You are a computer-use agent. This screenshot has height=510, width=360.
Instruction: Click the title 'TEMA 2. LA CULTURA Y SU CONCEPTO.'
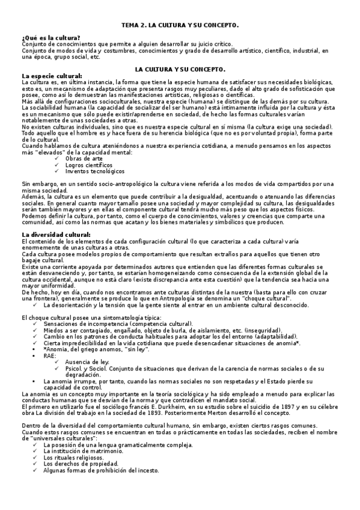pos(180,26)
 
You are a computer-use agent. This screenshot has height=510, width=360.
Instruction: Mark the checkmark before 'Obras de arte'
pos(56,158)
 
